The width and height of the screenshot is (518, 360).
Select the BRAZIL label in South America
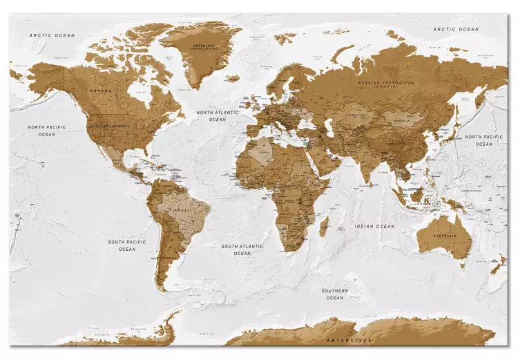[x=183, y=209]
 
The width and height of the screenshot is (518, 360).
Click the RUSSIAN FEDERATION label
[x=386, y=83]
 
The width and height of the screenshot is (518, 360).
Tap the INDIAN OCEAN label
[x=374, y=226]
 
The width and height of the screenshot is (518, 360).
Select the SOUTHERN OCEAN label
[x=334, y=294]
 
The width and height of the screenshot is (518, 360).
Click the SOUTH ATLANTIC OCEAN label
[x=242, y=249]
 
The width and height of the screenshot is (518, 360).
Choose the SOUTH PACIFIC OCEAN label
[x=122, y=245]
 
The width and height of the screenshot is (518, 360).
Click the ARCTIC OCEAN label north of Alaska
[x=51, y=35]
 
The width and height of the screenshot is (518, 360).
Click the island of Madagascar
[x=323, y=225]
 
